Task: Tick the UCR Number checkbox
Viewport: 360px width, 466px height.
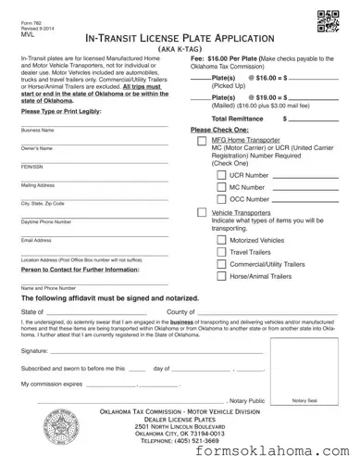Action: (221, 174)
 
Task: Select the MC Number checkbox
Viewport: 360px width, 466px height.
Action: (221, 186)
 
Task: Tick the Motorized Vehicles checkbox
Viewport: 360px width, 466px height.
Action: (221, 239)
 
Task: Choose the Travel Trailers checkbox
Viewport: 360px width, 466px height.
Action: (221, 251)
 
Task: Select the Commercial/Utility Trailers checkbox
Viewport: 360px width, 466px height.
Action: (221, 264)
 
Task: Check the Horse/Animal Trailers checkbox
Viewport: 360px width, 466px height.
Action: (221, 276)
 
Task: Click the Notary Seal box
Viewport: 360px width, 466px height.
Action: (304, 372)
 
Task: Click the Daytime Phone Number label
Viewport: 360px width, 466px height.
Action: (46, 222)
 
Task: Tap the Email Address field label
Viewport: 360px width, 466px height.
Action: (36, 240)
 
